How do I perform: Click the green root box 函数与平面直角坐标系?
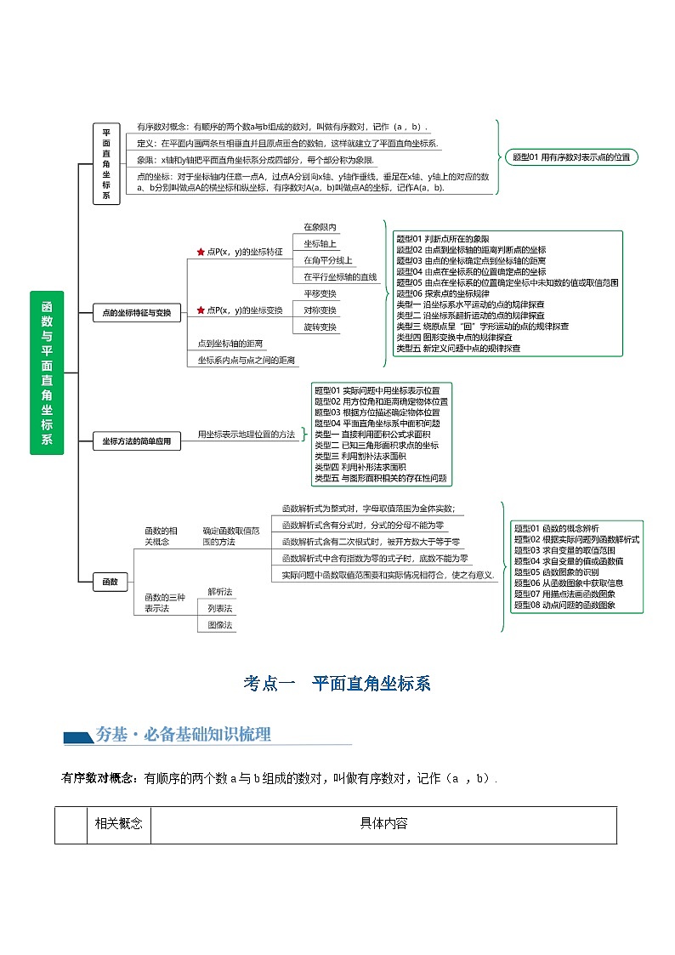pyautogui.click(x=47, y=372)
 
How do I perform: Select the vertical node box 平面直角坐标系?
pyautogui.click(x=106, y=164)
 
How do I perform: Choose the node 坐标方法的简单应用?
pyautogui.click(x=136, y=441)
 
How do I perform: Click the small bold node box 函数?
pyautogui.click(x=110, y=582)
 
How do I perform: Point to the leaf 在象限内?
pyautogui.click(x=320, y=227)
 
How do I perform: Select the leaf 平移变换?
pyautogui.click(x=320, y=293)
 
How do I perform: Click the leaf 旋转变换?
pyautogui.click(x=320, y=327)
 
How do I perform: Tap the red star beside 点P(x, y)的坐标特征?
pyautogui.click(x=201, y=252)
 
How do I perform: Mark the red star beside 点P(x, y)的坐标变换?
pyautogui.click(x=201, y=310)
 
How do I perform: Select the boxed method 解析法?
pyautogui.click(x=219, y=591)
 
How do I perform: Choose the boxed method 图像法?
pyautogui.click(x=219, y=625)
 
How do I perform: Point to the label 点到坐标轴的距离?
pyautogui.click(x=230, y=344)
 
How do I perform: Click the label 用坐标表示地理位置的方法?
pyautogui.click(x=247, y=435)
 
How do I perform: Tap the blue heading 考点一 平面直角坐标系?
pyautogui.click(x=337, y=685)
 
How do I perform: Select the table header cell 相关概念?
pyautogui.click(x=118, y=823)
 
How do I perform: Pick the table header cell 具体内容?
pyautogui.click(x=383, y=823)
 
